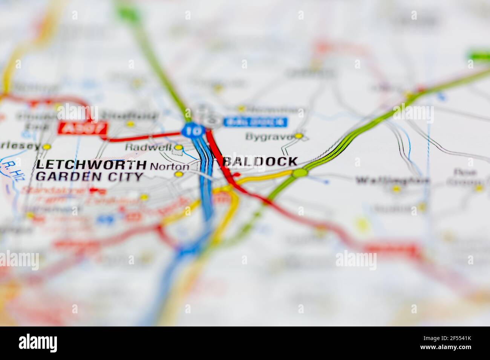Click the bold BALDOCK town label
point(260,162)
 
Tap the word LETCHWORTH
point(91,165)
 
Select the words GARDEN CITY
point(90,176)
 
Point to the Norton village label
point(170,166)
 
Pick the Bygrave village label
point(269,137)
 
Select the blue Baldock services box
point(255,122)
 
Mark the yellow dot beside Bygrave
point(299,136)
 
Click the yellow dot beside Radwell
point(179,147)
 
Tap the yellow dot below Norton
point(179,174)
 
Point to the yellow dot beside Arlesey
point(47,147)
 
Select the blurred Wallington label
point(392,181)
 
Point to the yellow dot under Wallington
point(396,189)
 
